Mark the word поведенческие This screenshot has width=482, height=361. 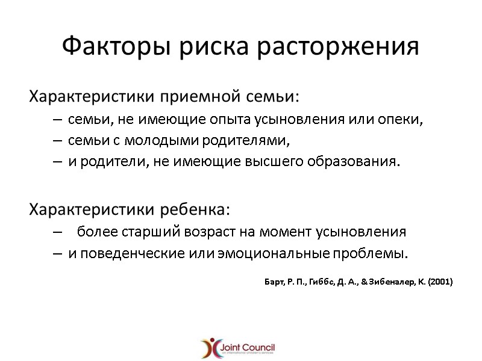(120, 253)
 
